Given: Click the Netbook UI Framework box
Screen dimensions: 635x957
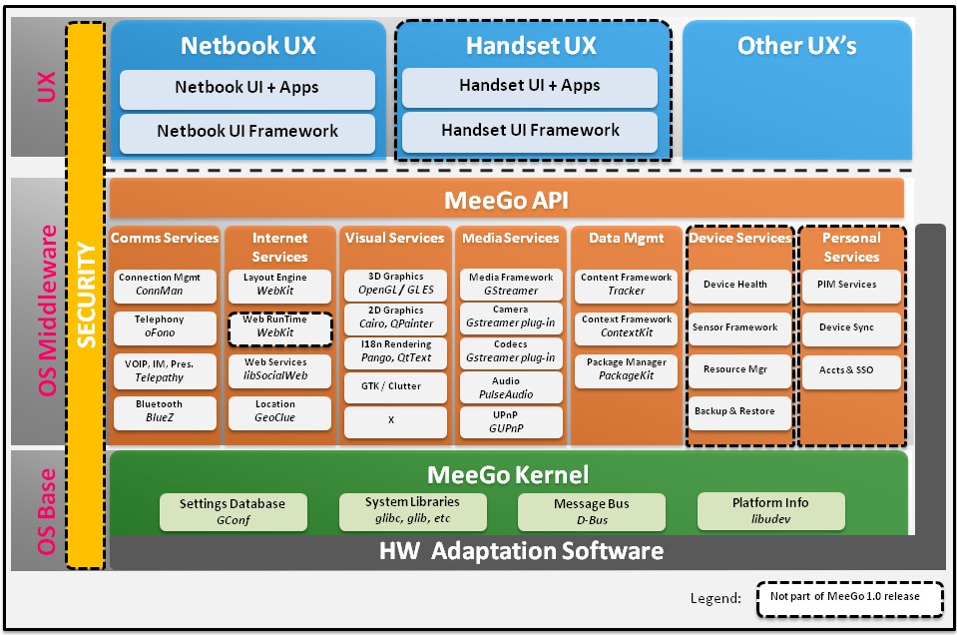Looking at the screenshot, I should [247, 132].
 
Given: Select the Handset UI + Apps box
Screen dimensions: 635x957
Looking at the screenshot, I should [530, 87].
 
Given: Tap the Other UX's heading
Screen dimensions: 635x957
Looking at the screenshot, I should [796, 46].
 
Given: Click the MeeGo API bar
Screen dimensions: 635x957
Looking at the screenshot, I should [506, 200].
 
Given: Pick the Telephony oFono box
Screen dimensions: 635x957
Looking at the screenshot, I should [165, 326].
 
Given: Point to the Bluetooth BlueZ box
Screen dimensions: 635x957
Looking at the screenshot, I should [165, 411].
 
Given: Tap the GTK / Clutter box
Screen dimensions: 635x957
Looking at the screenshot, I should [391, 385].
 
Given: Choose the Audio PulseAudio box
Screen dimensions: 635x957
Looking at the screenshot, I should [506, 387].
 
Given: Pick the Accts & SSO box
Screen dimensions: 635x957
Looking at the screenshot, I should [850, 370].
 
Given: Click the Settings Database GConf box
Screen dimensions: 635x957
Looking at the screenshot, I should [233, 511].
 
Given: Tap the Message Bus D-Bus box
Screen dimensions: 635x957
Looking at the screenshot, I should [592, 511].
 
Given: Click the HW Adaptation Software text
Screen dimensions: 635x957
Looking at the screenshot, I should [521, 551].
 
